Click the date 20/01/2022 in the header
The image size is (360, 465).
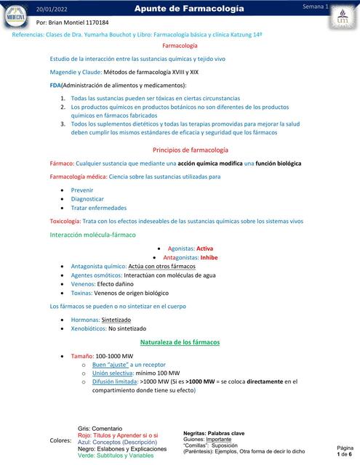[x=52, y=8]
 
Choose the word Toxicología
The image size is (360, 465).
[x=65, y=221]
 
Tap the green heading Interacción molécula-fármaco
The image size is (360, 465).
[x=92, y=235]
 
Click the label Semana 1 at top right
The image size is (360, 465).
[x=315, y=7]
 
